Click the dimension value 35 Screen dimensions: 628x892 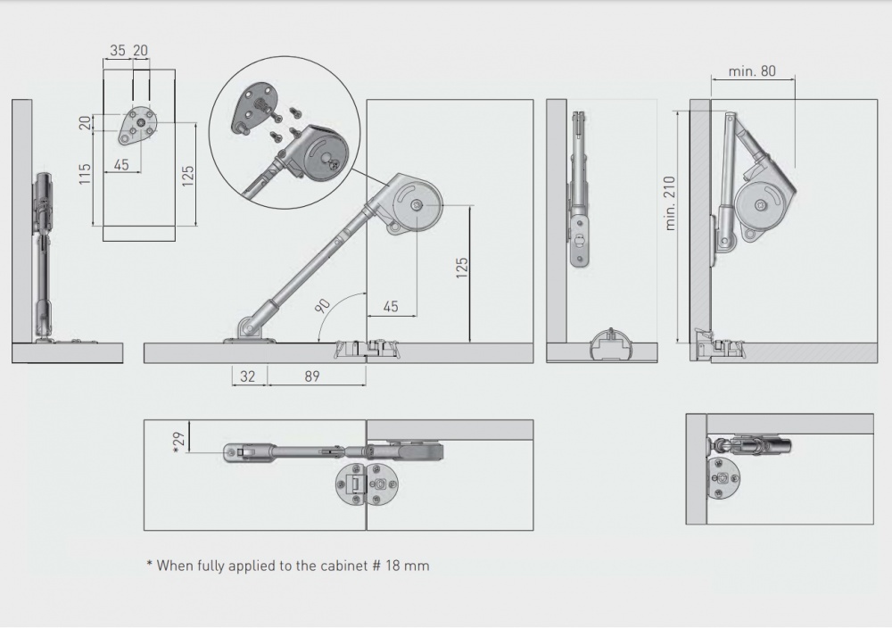pyautogui.click(x=118, y=51)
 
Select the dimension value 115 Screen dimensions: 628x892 pyautogui.click(x=86, y=174)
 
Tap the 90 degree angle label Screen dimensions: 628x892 pyautogui.click(x=323, y=305)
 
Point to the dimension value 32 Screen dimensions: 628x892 pyautogui.click(x=248, y=376)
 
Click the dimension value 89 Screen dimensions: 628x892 pyautogui.click(x=311, y=376)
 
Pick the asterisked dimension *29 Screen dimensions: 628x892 pyautogui.click(x=178, y=442)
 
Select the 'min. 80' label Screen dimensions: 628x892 pyautogui.click(x=751, y=71)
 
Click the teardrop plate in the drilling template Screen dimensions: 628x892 pyautogui.click(x=136, y=126)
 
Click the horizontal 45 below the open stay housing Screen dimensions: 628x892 pyautogui.click(x=391, y=307)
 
